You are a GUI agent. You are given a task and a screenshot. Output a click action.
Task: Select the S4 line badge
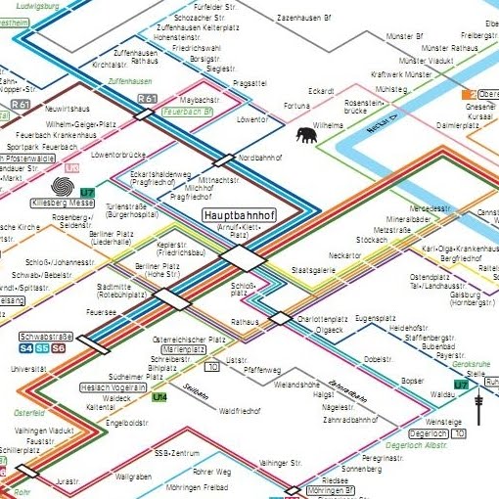(x=26, y=348)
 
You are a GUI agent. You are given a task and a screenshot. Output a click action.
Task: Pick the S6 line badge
(x=59, y=348)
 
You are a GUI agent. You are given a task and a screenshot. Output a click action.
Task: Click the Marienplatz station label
(x=168, y=348)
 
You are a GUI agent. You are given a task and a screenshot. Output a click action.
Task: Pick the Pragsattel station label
(x=250, y=83)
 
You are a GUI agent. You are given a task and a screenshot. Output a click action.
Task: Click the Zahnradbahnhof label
(x=350, y=419)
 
